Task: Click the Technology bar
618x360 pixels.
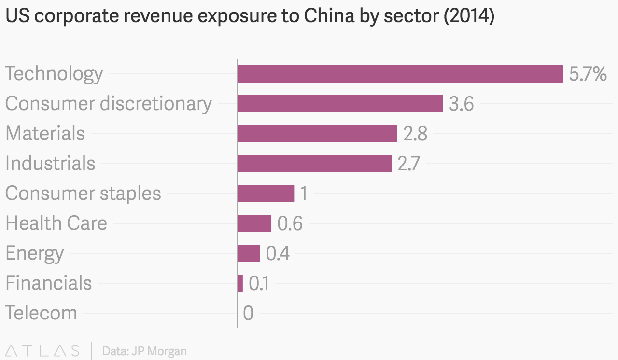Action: pos(400,74)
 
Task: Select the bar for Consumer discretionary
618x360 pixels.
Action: pos(340,104)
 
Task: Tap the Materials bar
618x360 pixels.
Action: pos(317,134)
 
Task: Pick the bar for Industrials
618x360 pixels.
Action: pos(314,164)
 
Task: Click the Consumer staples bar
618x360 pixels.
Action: pos(266,194)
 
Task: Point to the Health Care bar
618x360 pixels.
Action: pos(254,223)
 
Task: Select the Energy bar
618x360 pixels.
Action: pos(248,253)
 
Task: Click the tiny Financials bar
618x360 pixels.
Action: pos(240,283)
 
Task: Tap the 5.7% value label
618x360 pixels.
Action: pos(588,74)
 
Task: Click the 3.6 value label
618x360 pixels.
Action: pos(461,104)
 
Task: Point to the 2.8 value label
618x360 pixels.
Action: pos(415,134)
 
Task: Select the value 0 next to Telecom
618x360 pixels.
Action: pos(248,313)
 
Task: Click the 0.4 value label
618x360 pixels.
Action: pos(278,254)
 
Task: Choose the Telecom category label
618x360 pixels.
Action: pos(41,313)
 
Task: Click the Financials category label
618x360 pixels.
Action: pos(48,283)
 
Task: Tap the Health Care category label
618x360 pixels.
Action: pos(56,223)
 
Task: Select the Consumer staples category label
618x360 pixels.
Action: pos(83,194)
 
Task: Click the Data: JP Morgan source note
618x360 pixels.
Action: pos(144,351)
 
